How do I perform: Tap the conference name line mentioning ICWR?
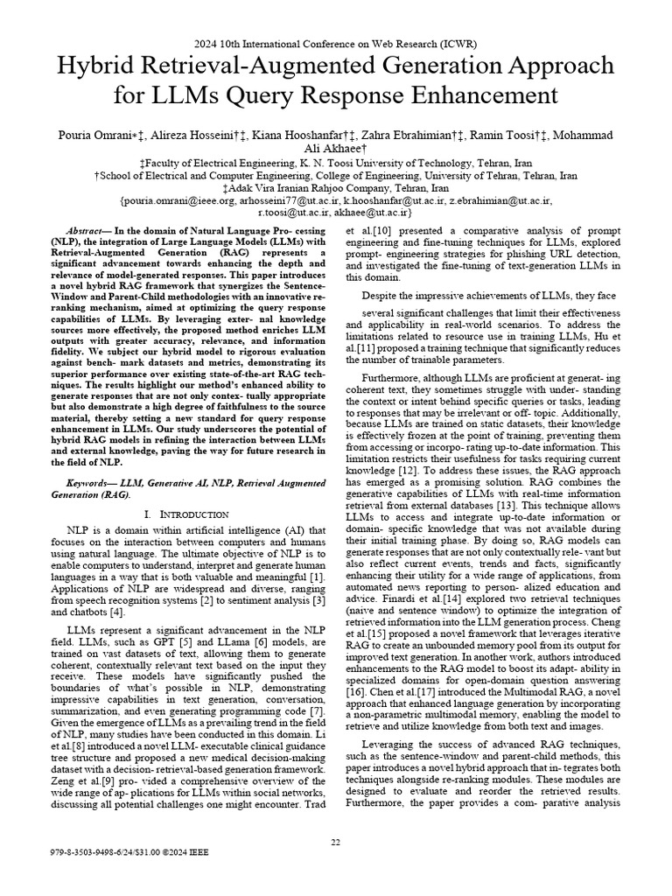pos(335,43)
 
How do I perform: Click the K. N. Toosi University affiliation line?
pos(335,163)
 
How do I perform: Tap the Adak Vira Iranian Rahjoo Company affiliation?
pos(335,188)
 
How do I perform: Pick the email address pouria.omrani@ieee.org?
pos(180,200)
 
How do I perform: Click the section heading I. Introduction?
pos(185,514)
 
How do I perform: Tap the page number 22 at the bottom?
pos(335,842)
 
